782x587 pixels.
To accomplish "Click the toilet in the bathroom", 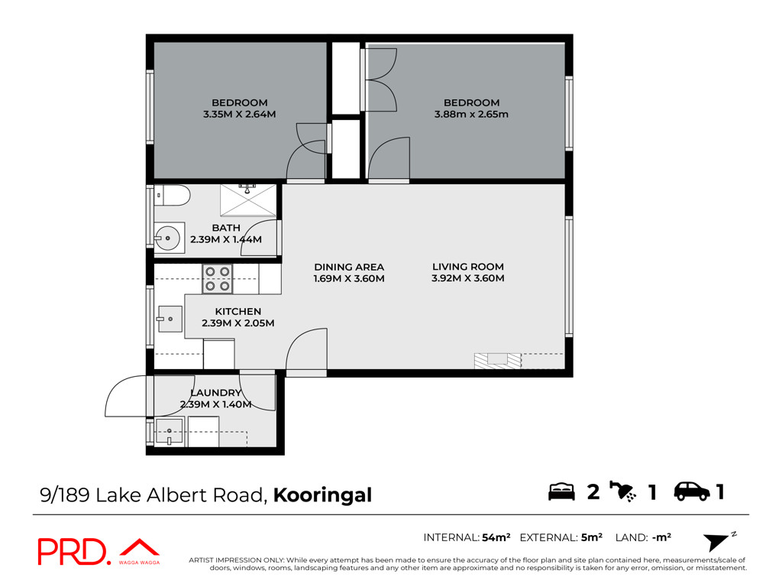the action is pos(172,195).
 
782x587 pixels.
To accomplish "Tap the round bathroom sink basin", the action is pos(167,238).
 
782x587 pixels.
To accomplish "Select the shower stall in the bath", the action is pos(248,200).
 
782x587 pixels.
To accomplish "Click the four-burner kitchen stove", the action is pos(218,278).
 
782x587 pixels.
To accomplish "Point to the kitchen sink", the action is pos(170,319).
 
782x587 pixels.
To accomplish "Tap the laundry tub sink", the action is pos(170,431).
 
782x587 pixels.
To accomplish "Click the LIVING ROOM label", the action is pos(468,267).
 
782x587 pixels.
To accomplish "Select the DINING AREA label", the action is pos(349,267).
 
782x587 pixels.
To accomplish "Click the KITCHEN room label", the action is pos(238,312).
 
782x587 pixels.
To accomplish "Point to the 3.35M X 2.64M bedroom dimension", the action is pos(239,115).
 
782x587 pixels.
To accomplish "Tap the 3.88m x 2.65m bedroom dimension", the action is pos(471,115).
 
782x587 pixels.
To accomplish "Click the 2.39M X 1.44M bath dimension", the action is pos(226,239).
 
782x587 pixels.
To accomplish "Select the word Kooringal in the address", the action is pos(323,495).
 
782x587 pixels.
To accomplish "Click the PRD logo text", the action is pos(73,552).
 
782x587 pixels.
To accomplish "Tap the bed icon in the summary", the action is pos(561,491).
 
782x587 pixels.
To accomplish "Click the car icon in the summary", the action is pos(692,491).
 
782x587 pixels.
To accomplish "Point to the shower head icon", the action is pos(623,491).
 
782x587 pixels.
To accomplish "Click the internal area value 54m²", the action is pos(496,537).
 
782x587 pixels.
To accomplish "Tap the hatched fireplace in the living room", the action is pos(497,361).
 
